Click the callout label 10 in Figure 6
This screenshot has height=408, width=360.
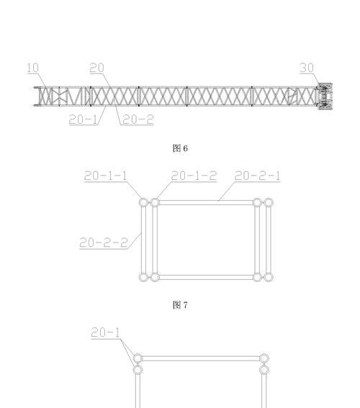(33, 68)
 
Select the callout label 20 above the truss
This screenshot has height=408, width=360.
(96, 68)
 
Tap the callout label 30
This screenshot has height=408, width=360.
(307, 68)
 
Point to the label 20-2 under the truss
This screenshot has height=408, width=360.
(138, 119)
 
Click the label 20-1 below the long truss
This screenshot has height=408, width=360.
(84, 119)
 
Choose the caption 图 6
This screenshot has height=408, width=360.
(180, 148)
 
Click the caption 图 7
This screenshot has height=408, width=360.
(180, 304)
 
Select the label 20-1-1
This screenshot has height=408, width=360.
(105, 176)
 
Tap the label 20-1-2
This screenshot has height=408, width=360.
(194, 176)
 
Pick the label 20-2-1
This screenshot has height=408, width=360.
(258, 176)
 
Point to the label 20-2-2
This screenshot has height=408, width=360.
(104, 242)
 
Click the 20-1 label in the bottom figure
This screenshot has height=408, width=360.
(105, 332)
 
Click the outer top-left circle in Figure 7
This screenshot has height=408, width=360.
(143, 202)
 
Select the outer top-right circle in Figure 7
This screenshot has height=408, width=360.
(269, 202)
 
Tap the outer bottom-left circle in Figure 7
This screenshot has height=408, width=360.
(143, 277)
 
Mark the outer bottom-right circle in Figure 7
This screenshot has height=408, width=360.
(269, 277)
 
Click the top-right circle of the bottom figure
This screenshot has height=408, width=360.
(264, 358)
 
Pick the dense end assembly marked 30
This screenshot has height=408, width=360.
(325, 96)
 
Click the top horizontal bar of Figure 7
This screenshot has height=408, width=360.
(206, 202)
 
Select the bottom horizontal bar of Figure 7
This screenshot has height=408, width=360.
(206, 277)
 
